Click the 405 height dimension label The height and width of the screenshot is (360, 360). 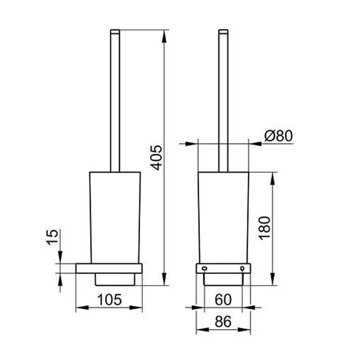[x=157, y=158]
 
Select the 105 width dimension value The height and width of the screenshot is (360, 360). [x=109, y=299]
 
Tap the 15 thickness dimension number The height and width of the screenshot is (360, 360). [x=53, y=237]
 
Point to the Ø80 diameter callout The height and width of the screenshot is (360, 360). [x=279, y=136]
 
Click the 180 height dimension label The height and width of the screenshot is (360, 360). [x=265, y=228]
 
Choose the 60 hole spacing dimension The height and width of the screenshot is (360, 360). [x=223, y=299]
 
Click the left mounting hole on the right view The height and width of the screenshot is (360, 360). [x=204, y=268]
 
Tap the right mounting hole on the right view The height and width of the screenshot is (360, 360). [x=242, y=268]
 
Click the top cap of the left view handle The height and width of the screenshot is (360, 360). [x=115, y=32]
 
